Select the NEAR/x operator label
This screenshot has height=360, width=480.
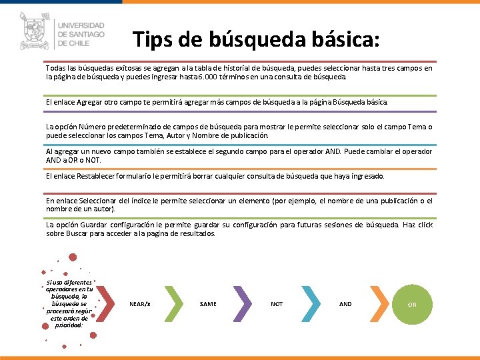tap(140, 304)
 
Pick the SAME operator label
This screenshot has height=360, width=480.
tap(208, 304)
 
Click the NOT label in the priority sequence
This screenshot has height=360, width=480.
tap(277, 304)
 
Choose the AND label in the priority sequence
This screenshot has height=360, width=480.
tap(345, 304)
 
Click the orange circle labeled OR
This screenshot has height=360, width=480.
tap(412, 304)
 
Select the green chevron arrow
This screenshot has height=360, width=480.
tap(175, 304)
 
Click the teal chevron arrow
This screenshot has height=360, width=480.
tap(311, 304)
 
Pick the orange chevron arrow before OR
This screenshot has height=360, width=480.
tap(379, 304)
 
